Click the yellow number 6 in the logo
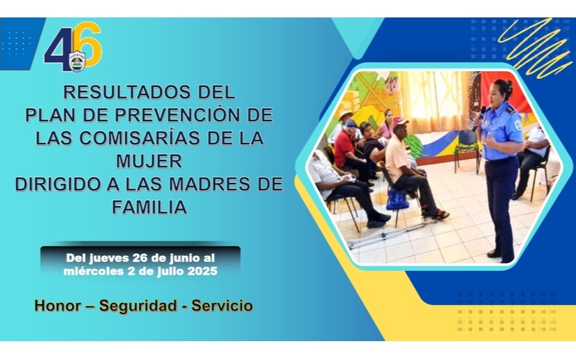(x=91, y=44)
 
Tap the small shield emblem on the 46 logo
(x=77, y=61)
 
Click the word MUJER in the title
(x=149, y=161)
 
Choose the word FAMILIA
(x=149, y=207)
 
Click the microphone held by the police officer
(x=479, y=118)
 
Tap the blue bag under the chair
(x=397, y=200)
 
